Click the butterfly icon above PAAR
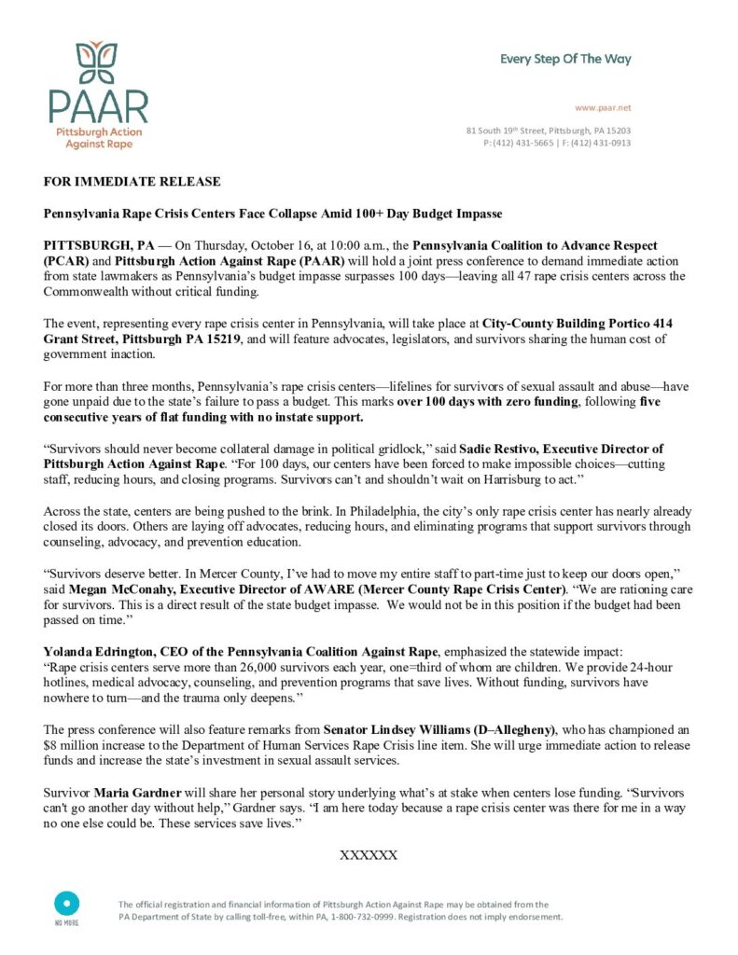tap(98, 62)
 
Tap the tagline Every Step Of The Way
tap(565, 59)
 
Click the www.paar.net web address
tap(603, 108)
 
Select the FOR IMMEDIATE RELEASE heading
tap(132, 181)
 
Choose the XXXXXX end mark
tap(369, 854)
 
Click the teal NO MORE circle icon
tap(66, 903)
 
